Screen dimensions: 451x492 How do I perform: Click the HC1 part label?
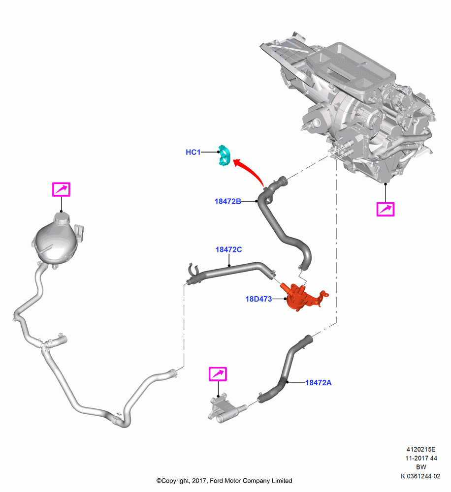(x=193, y=152)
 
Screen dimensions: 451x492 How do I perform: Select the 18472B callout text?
(x=227, y=201)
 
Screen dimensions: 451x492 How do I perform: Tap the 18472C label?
(x=228, y=249)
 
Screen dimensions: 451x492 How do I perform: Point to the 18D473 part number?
(x=258, y=299)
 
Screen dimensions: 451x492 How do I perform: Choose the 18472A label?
(x=319, y=382)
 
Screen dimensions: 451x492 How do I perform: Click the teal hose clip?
(x=225, y=155)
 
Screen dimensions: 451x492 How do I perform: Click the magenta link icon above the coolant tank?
(x=61, y=189)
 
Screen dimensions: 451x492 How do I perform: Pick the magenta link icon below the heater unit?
(x=386, y=209)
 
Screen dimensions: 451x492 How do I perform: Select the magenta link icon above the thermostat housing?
(x=218, y=374)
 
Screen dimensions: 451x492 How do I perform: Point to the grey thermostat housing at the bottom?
(x=225, y=407)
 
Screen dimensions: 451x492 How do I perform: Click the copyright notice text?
(x=224, y=481)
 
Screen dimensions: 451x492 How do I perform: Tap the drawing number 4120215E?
(x=421, y=450)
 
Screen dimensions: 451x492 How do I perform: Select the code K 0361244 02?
(x=420, y=476)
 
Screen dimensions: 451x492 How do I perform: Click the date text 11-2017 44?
(x=421, y=459)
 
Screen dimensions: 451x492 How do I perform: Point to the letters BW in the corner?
(x=421, y=467)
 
